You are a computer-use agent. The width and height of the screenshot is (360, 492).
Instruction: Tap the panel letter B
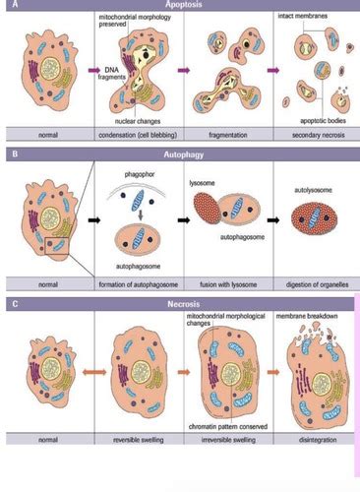click(x=10, y=154)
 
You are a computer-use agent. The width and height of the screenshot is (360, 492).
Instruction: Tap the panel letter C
click(x=10, y=304)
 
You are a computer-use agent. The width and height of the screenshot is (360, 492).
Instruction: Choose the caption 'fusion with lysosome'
click(x=221, y=284)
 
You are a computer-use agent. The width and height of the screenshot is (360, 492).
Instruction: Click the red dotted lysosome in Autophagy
click(x=208, y=212)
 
